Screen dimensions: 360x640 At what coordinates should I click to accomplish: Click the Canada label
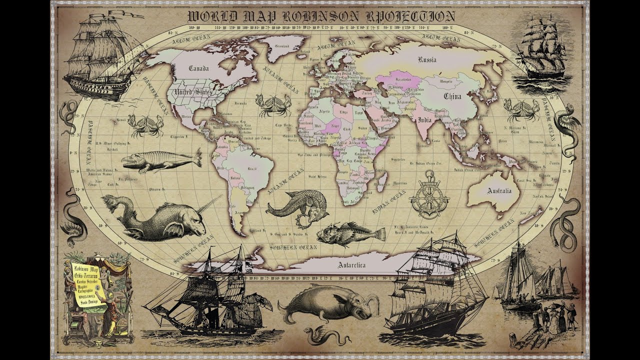[198, 68]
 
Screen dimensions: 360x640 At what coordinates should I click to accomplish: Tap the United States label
[192, 92]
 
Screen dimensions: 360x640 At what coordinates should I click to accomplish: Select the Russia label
[427, 59]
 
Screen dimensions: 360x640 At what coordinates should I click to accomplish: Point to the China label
[452, 96]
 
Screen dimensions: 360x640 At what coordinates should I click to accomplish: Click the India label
[424, 120]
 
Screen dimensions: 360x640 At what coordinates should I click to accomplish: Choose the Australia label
[499, 191]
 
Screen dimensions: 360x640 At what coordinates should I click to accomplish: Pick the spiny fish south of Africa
[350, 234]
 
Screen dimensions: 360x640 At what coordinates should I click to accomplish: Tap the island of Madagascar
[382, 178]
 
